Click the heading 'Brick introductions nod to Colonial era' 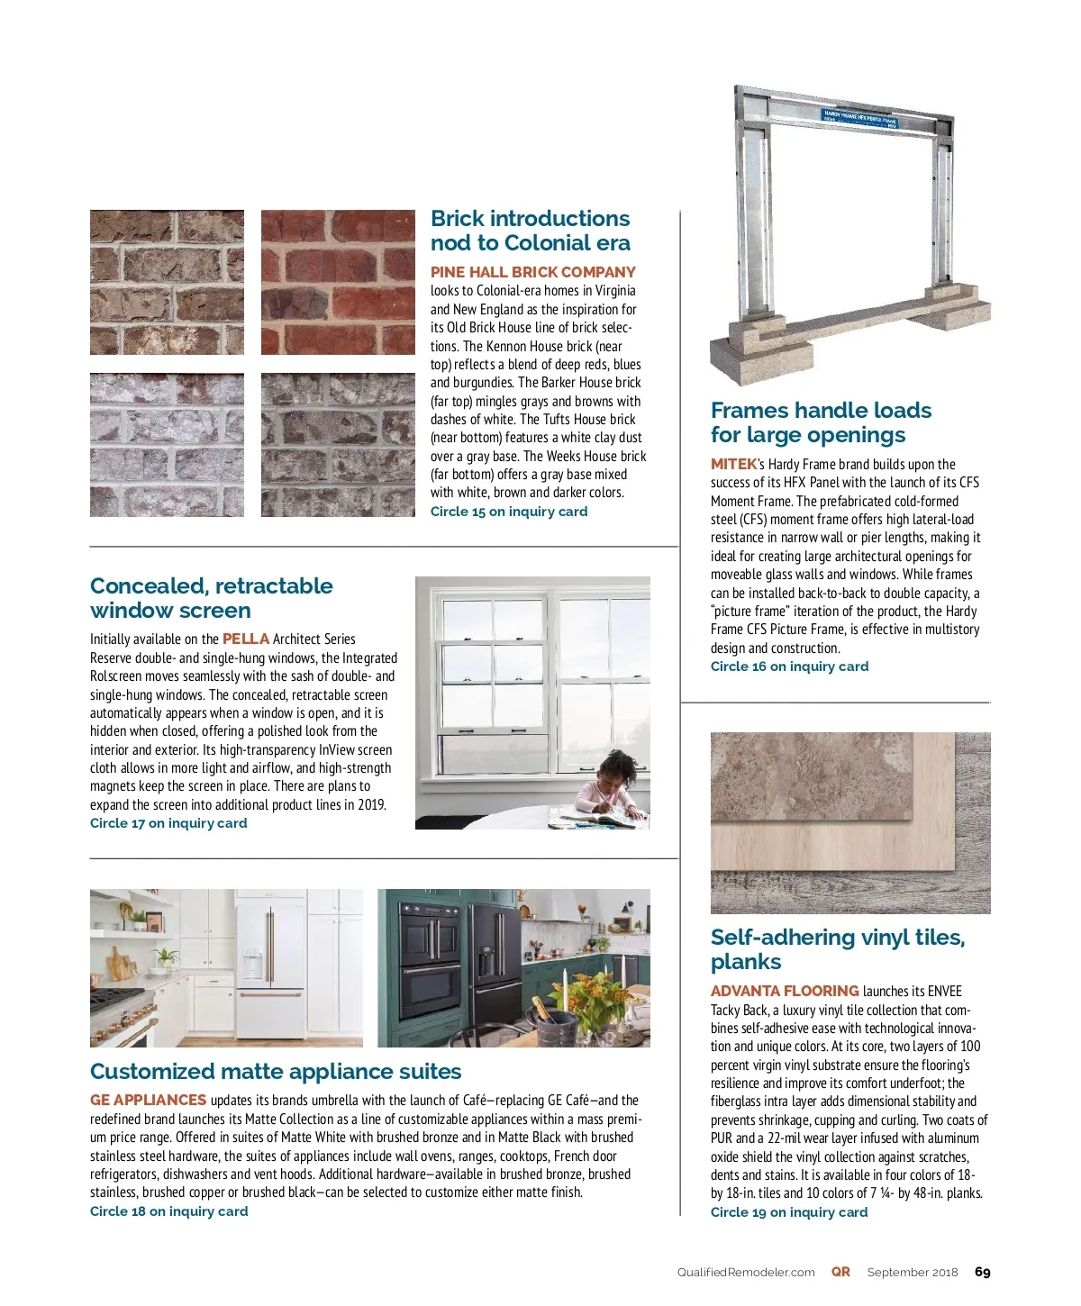point(531,231)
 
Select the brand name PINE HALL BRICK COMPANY point(532,272)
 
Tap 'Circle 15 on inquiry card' point(508,512)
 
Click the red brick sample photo point(338,282)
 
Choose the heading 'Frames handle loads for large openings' point(821,422)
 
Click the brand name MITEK point(733,464)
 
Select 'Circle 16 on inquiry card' point(789,667)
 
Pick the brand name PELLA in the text point(245,639)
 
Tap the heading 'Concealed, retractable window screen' point(211,598)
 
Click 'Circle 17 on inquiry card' point(168,823)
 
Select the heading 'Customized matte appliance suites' point(276,1072)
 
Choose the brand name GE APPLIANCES point(148,1100)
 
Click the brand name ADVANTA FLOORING point(785,991)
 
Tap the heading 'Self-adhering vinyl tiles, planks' point(837,949)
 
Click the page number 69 point(982,1272)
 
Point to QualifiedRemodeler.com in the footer point(746,1273)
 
